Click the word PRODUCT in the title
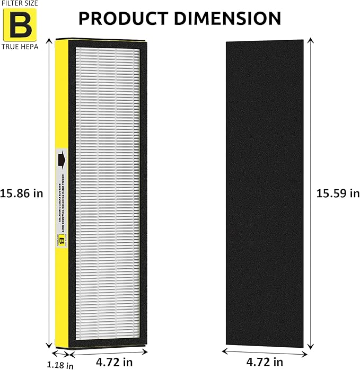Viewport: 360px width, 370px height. (x=119, y=19)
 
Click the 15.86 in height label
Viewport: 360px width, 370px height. (x=22, y=193)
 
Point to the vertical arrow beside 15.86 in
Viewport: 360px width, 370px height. (x=48, y=193)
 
